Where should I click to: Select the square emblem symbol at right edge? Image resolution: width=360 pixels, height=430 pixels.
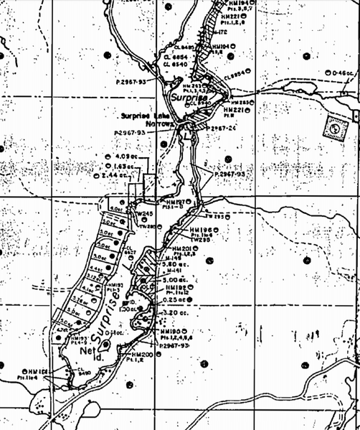(333, 127)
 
